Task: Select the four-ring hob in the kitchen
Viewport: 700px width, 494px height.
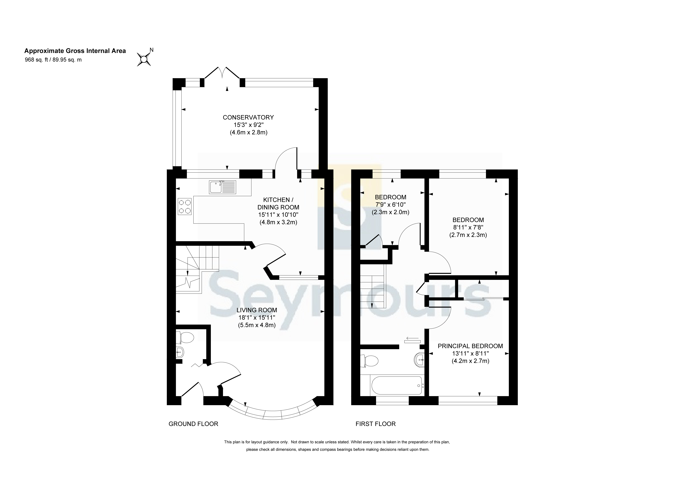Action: (185, 206)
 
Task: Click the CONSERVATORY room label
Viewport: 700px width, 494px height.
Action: (248, 117)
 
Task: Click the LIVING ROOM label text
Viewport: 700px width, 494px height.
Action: (257, 310)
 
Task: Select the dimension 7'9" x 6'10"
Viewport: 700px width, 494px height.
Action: (390, 205)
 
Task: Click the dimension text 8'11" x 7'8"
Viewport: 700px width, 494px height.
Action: (468, 227)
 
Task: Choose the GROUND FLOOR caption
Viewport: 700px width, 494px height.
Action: (193, 424)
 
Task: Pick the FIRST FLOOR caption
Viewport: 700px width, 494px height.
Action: (376, 424)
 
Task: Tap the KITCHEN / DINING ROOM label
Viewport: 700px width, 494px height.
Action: (278, 203)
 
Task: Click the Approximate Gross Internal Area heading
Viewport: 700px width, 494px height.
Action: (75, 51)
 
